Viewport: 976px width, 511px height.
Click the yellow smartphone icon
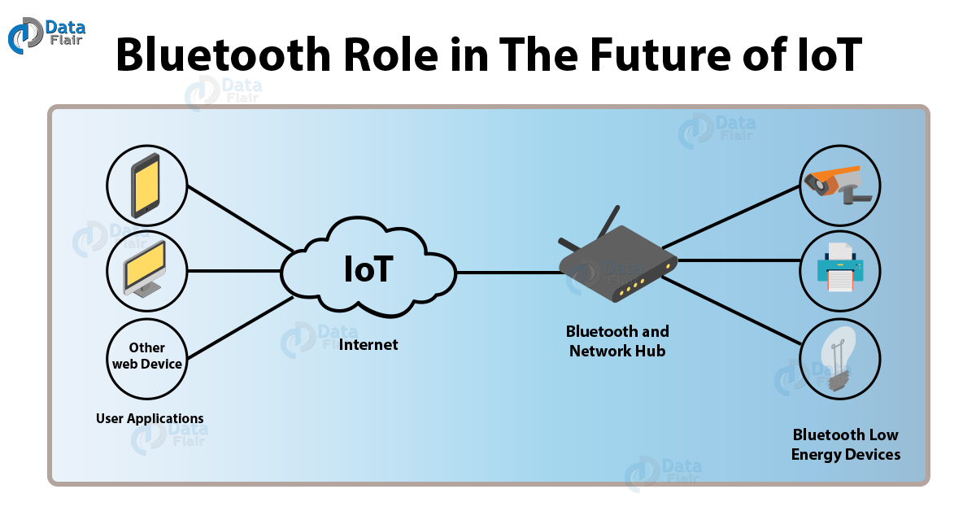click(x=146, y=186)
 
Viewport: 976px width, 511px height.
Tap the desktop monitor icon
click(x=146, y=269)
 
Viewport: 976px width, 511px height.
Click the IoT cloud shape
click(x=368, y=267)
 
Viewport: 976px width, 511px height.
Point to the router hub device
click(x=618, y=262)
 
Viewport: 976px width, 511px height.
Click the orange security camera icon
click(x=837, y=185)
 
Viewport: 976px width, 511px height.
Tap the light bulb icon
click(x=839, y=358)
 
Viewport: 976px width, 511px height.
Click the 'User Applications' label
click(x=150, y=418)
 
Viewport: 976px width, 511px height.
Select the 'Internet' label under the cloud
click(x=368, y=345)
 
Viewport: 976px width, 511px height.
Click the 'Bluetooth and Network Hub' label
click(x=617, y=341)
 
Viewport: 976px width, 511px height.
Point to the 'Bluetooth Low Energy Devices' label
click(x=846, y=445)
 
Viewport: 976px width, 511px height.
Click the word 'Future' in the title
click(x=660, y=55)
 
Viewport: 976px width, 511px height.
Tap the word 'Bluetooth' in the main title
click(x=224, y=55)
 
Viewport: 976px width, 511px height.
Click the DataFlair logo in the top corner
click(x=46, y=35)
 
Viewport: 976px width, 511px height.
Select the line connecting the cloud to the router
click(x=509, y=273)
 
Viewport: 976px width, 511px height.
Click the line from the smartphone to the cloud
click(x=241, y=218)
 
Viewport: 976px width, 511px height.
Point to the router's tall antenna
click(x=609, y=221)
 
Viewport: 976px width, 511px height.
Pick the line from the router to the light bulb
click(x=732, y=311)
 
